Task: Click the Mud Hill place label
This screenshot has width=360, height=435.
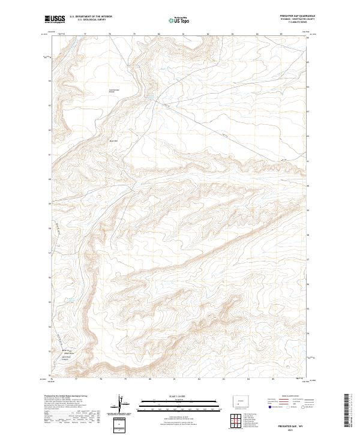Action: tap(113, 141)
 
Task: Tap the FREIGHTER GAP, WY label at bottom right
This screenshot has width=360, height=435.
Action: tap(292, 423)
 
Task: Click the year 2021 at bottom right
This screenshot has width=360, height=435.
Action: tap(292, 428)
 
